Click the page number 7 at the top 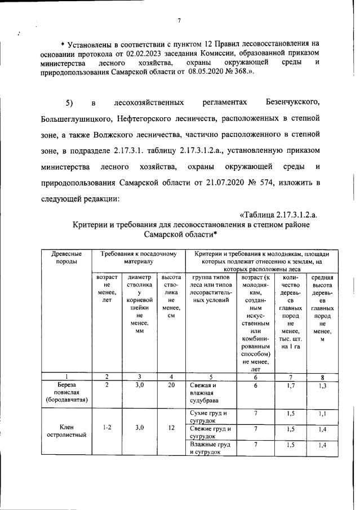[179, 21]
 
